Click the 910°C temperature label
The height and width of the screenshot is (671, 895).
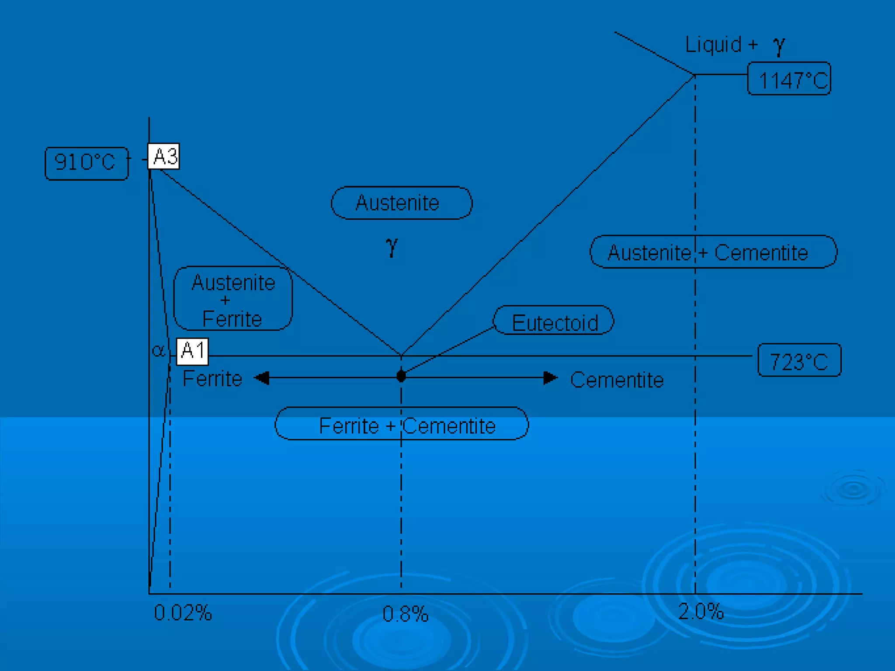tap(87, 163)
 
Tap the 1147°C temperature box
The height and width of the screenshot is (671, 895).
tap(789, 79)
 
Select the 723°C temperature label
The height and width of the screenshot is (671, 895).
tap(799, 360)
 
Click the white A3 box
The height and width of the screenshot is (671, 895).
tap(164, 156)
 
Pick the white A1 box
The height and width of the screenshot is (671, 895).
tap(192, 351)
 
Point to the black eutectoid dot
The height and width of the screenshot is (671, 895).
tap(401, 376)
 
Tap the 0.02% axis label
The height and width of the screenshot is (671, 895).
tap(183, 613)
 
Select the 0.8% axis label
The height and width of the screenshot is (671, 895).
tap(405, 614)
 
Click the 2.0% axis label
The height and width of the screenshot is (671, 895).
tap(701, 611)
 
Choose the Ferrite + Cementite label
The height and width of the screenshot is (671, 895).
tap(402, 425)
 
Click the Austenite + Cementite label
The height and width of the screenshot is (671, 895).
tap(713, 252)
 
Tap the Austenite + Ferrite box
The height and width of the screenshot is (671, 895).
tap(233, 299)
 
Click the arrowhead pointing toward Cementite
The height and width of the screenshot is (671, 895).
tap(550, 377)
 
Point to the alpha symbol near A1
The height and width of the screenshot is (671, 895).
tap(159, 350)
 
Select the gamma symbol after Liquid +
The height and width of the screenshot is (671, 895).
tap(779, 45)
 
